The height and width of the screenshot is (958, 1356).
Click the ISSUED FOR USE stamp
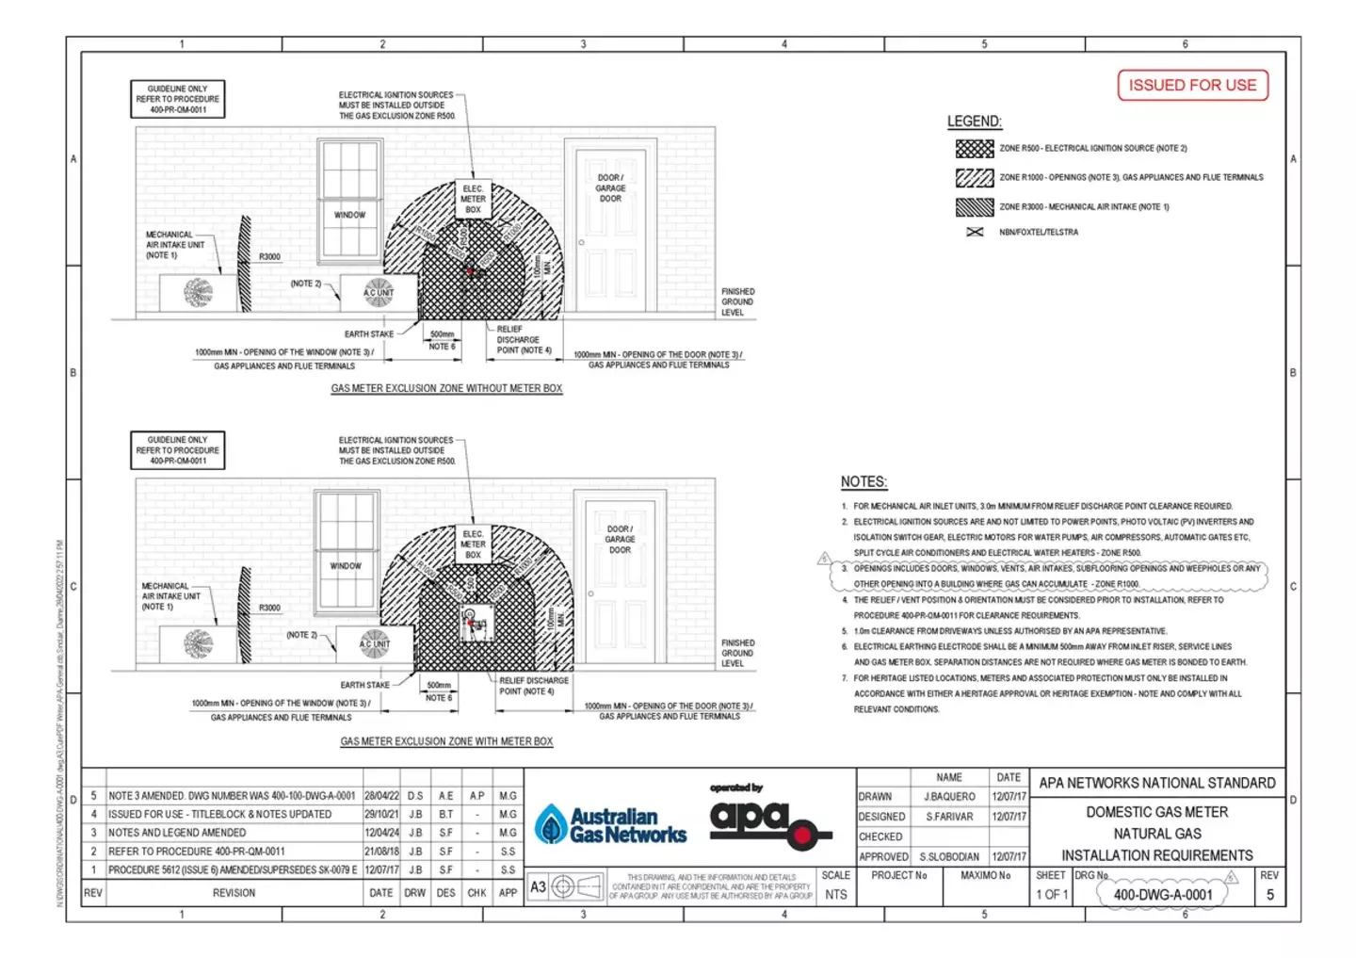click(1192, 85)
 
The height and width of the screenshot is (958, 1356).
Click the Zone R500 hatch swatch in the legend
click(974, 149)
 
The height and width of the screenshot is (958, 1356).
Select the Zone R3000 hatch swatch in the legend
click(974, 207)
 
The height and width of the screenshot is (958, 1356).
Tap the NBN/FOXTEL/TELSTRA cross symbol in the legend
click(975, 232)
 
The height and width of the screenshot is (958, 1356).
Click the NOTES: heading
click(864, 481)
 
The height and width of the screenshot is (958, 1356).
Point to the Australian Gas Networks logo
click(610, 825)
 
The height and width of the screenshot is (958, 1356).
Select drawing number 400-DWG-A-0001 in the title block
click(1163, 895)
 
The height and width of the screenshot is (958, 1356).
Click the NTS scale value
click(835, 895)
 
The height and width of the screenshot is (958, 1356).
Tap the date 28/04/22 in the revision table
click(381, 796)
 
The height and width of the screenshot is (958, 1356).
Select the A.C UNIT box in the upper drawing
click(379, 293)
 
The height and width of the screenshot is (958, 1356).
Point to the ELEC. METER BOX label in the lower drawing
click(473, 544)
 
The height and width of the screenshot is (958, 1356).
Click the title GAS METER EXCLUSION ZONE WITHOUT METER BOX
click(446, 388)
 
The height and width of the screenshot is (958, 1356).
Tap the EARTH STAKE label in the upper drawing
click(369, 334)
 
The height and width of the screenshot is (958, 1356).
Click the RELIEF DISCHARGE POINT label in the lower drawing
click(533, 686)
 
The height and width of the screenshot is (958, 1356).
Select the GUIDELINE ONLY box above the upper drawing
click(177, 99)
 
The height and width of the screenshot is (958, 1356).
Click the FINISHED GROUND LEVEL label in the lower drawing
click(738, 653)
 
